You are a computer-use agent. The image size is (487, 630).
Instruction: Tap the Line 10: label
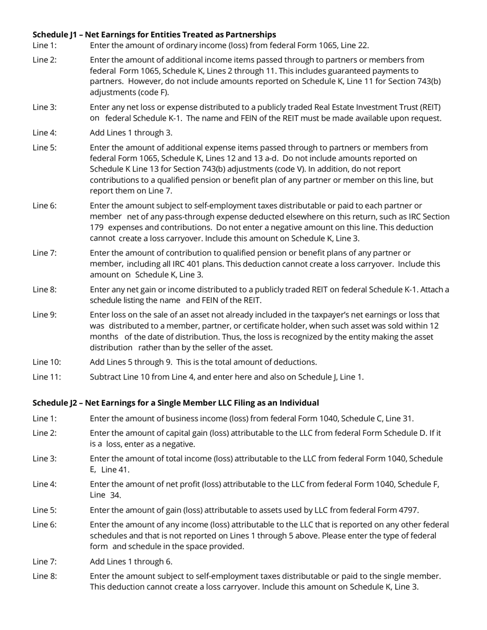47,362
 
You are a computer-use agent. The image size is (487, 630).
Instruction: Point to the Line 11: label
47,377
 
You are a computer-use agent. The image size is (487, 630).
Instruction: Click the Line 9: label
45,314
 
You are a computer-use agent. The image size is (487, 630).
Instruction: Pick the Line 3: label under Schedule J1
45,107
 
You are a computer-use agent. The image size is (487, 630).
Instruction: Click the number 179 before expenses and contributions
97,227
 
